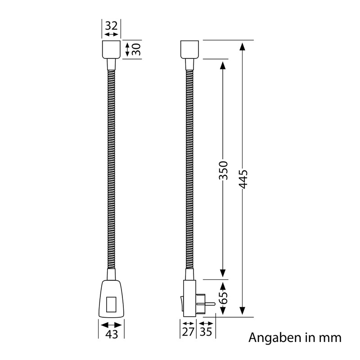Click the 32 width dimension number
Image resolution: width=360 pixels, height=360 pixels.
coord(111,25)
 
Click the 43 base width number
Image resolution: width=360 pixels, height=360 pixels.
coord(111,335)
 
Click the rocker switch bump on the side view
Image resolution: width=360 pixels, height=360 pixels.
coord(181,302)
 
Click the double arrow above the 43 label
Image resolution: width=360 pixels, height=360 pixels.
coord(111,324)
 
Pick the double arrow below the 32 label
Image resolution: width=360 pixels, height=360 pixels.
coord(111,35)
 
